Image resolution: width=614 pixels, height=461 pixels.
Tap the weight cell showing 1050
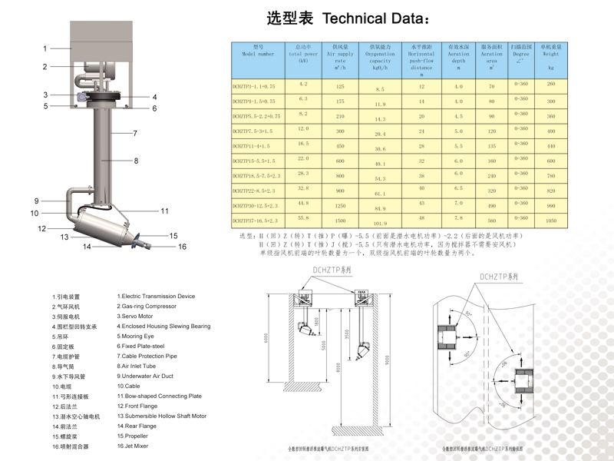point(550,221)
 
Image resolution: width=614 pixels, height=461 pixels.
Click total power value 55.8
point(302,217)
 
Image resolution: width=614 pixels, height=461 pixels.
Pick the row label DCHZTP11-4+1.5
point(251,144)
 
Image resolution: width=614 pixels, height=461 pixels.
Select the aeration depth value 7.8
point(458,218)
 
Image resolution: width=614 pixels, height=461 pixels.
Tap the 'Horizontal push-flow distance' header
point(421,57)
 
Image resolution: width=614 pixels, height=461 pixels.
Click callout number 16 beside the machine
point(183,247)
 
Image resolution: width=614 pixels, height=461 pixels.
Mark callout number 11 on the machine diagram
point(164,211)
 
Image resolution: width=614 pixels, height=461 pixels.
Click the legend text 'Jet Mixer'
point(134,446)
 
